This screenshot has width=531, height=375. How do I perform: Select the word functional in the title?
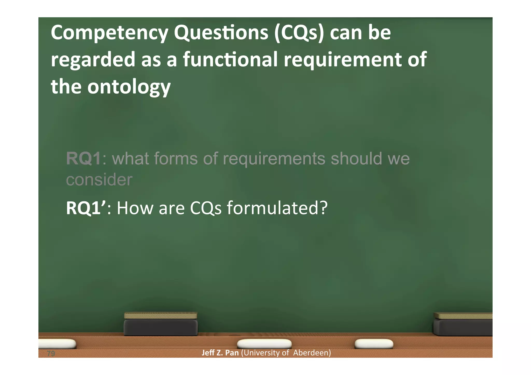click(230, 59)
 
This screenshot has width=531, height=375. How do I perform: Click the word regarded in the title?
click(93, 59)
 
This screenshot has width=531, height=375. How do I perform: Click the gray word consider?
click(99, 180)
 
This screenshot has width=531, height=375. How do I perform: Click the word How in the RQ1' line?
click(135, 208)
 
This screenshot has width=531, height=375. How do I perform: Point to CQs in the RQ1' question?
click(206, 208)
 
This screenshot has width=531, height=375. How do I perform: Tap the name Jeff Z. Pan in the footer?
click(220, 353)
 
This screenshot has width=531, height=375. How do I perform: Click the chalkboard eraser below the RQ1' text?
click(160, 324)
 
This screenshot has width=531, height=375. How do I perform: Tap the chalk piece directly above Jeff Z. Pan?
click(264, 344)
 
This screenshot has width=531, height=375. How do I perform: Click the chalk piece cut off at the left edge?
click(57, 344)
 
